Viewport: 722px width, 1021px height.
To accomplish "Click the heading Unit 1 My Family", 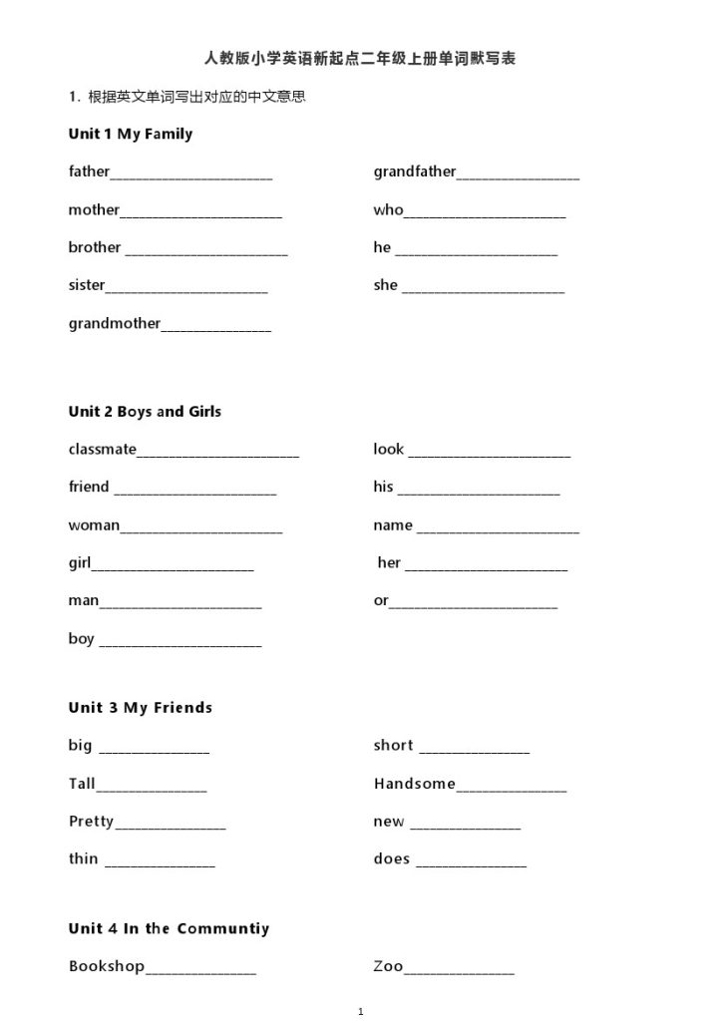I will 131,134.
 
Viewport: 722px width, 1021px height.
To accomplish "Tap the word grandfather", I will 415,171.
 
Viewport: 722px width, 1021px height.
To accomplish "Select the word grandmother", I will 115,323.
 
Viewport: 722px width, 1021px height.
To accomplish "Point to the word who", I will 389,209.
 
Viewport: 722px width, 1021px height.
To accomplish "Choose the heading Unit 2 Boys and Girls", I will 145,411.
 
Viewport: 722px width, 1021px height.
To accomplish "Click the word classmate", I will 103,449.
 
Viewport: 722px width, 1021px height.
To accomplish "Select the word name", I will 393,524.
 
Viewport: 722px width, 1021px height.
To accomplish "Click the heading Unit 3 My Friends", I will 141,707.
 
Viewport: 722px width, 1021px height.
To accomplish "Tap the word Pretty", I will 91,822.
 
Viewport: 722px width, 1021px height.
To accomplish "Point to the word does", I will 392,858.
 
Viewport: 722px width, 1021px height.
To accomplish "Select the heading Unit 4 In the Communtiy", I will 169,928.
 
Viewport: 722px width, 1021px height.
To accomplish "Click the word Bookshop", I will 107,966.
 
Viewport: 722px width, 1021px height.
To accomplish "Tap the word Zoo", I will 389,966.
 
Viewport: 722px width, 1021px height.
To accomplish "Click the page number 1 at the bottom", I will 361,1012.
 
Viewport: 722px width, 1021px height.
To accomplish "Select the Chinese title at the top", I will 360,59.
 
